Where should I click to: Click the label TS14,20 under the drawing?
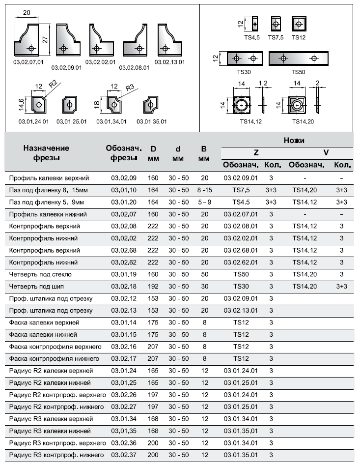(303, 121)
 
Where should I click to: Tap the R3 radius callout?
(130, 87)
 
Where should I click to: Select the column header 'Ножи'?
(294, 141)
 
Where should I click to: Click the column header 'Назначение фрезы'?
(44, 153)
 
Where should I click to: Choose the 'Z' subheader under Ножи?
(256, 153)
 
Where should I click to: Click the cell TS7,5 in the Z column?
(241, 190)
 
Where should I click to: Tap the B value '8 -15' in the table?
(204, 190)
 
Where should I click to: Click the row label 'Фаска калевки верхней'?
(44, 322)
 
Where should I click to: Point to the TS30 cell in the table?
(241, 286)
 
